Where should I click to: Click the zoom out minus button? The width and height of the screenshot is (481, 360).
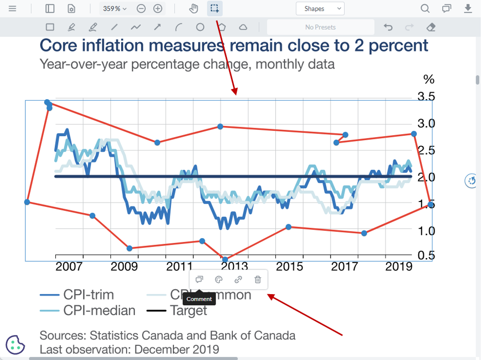pos(141,8)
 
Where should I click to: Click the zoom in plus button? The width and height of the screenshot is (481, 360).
pos(158,8)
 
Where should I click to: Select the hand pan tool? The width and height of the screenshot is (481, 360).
pos(193,8)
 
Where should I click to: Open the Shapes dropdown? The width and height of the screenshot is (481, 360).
pos(320,8)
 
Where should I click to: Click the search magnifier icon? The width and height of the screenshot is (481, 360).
pos(425,8)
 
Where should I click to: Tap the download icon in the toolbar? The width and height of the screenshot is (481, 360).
pos(468,8)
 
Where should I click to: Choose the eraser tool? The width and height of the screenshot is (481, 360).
pos(431,27)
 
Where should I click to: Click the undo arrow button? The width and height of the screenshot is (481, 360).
pos(388,27)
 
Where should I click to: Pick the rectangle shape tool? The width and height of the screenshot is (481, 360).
pos(50,27)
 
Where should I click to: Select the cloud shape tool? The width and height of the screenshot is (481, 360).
pos(243,27)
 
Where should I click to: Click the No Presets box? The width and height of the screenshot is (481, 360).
pos(320,27)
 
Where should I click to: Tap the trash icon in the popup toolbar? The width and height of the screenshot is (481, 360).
pos(257,279)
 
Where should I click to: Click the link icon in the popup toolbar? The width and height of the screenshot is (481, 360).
pos(238,279)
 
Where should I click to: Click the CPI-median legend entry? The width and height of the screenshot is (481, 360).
pos(99,310)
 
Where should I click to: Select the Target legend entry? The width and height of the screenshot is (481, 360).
pos(188,310)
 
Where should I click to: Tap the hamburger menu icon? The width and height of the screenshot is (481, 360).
pos(12,8)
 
